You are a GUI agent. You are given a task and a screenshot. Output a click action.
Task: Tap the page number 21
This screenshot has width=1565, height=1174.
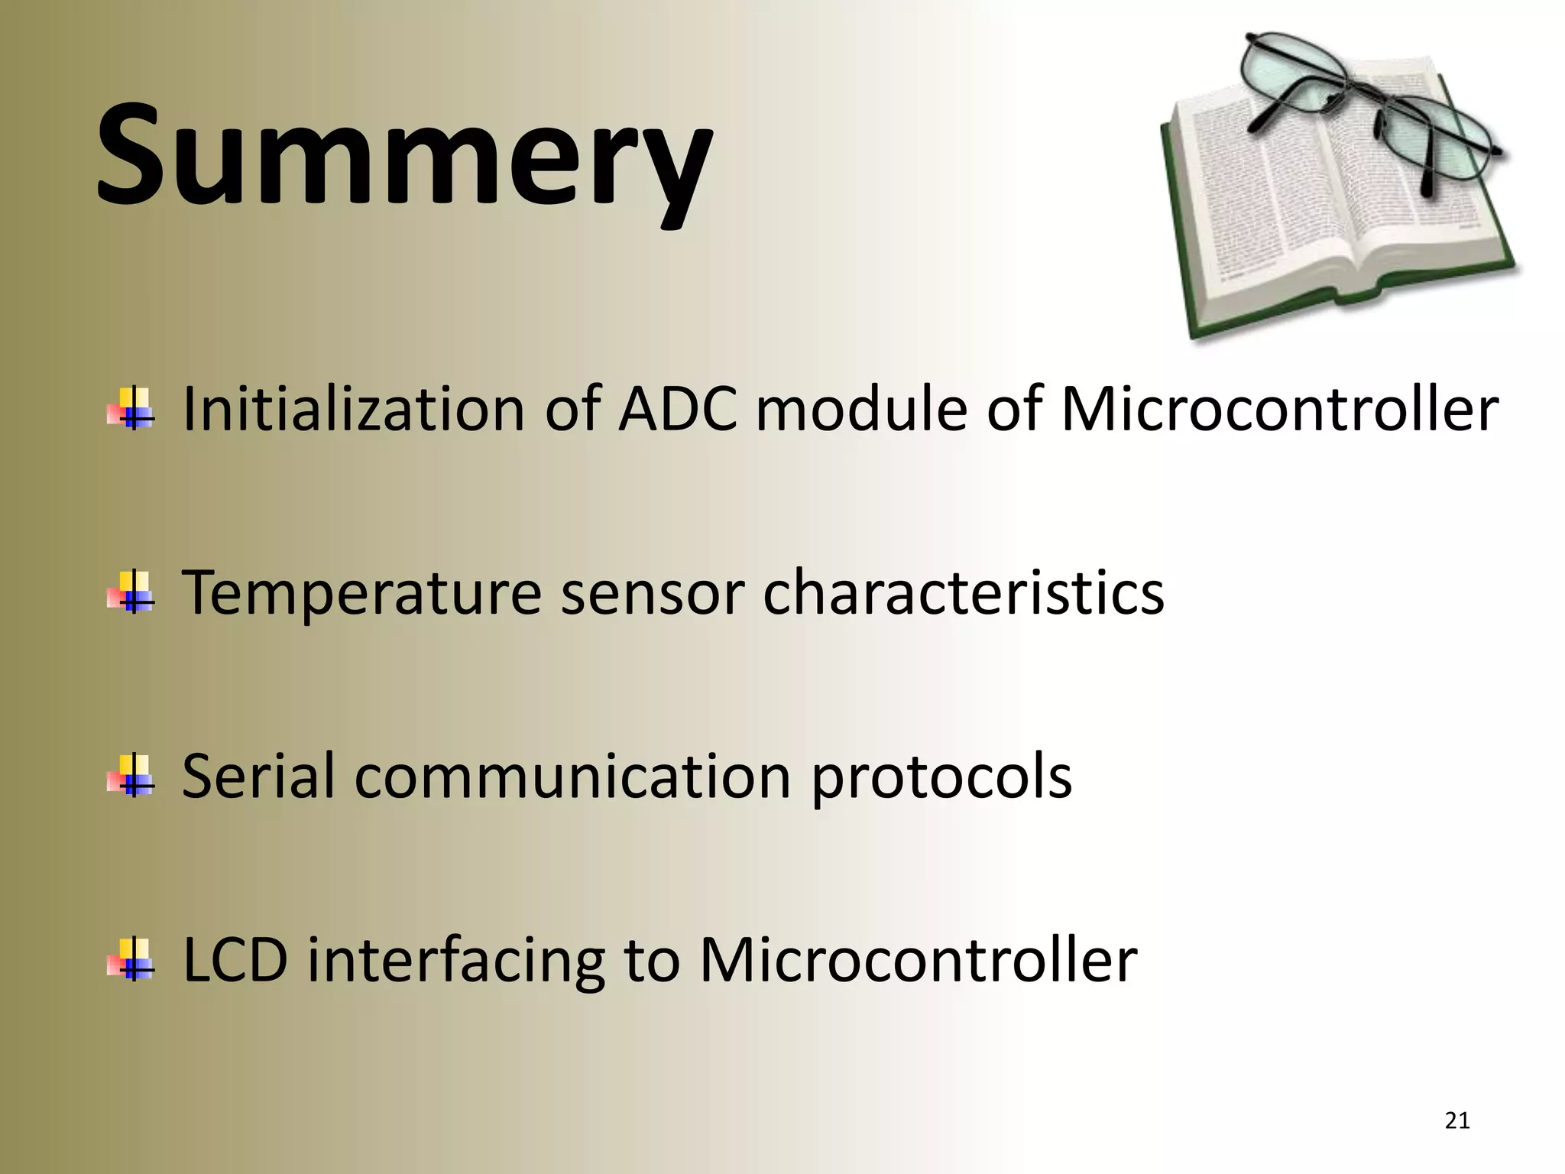1457,1120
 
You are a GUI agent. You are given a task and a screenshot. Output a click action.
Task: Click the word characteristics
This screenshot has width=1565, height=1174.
963,592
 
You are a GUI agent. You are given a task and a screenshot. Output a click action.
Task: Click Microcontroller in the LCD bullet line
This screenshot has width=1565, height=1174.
919,960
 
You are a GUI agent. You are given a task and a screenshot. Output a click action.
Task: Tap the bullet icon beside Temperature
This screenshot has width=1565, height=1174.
131,593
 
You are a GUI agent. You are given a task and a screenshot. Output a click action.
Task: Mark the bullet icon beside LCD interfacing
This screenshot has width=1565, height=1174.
131,960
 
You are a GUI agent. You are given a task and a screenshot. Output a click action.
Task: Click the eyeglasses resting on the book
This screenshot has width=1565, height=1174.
1368,107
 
